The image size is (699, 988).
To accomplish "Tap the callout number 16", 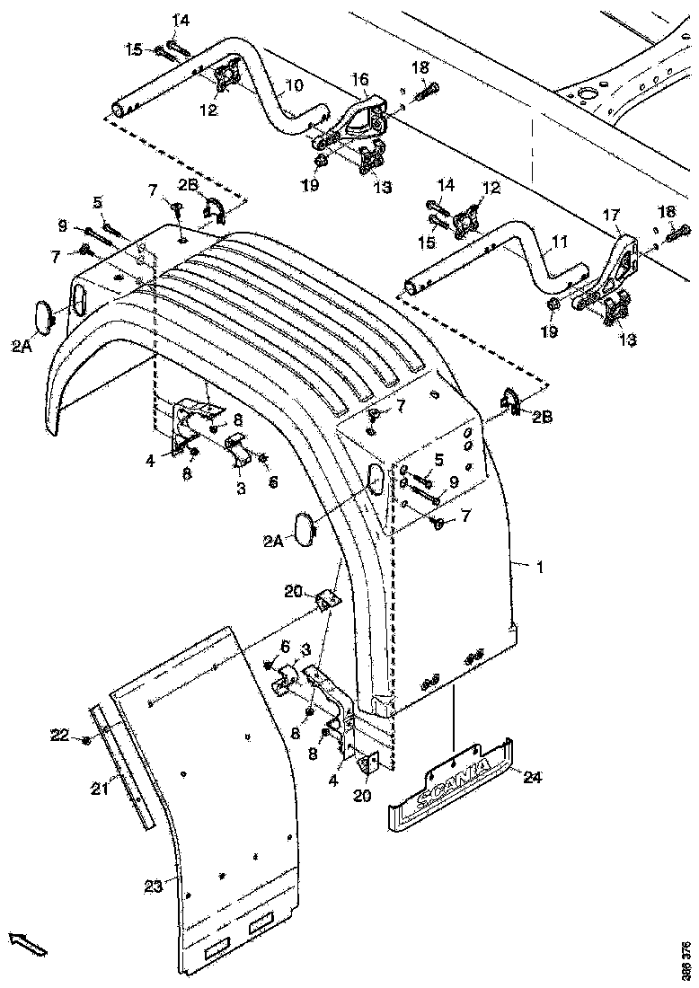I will click(359, 80).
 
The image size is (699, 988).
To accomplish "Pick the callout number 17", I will click(611, 215).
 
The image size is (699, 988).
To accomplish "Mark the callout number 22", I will click(60, 737).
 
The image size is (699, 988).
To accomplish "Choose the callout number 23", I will click(153, 886).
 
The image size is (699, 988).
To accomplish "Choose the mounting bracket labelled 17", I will click(621, 265).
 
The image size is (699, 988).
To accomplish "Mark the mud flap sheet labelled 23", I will click(225, 808).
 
